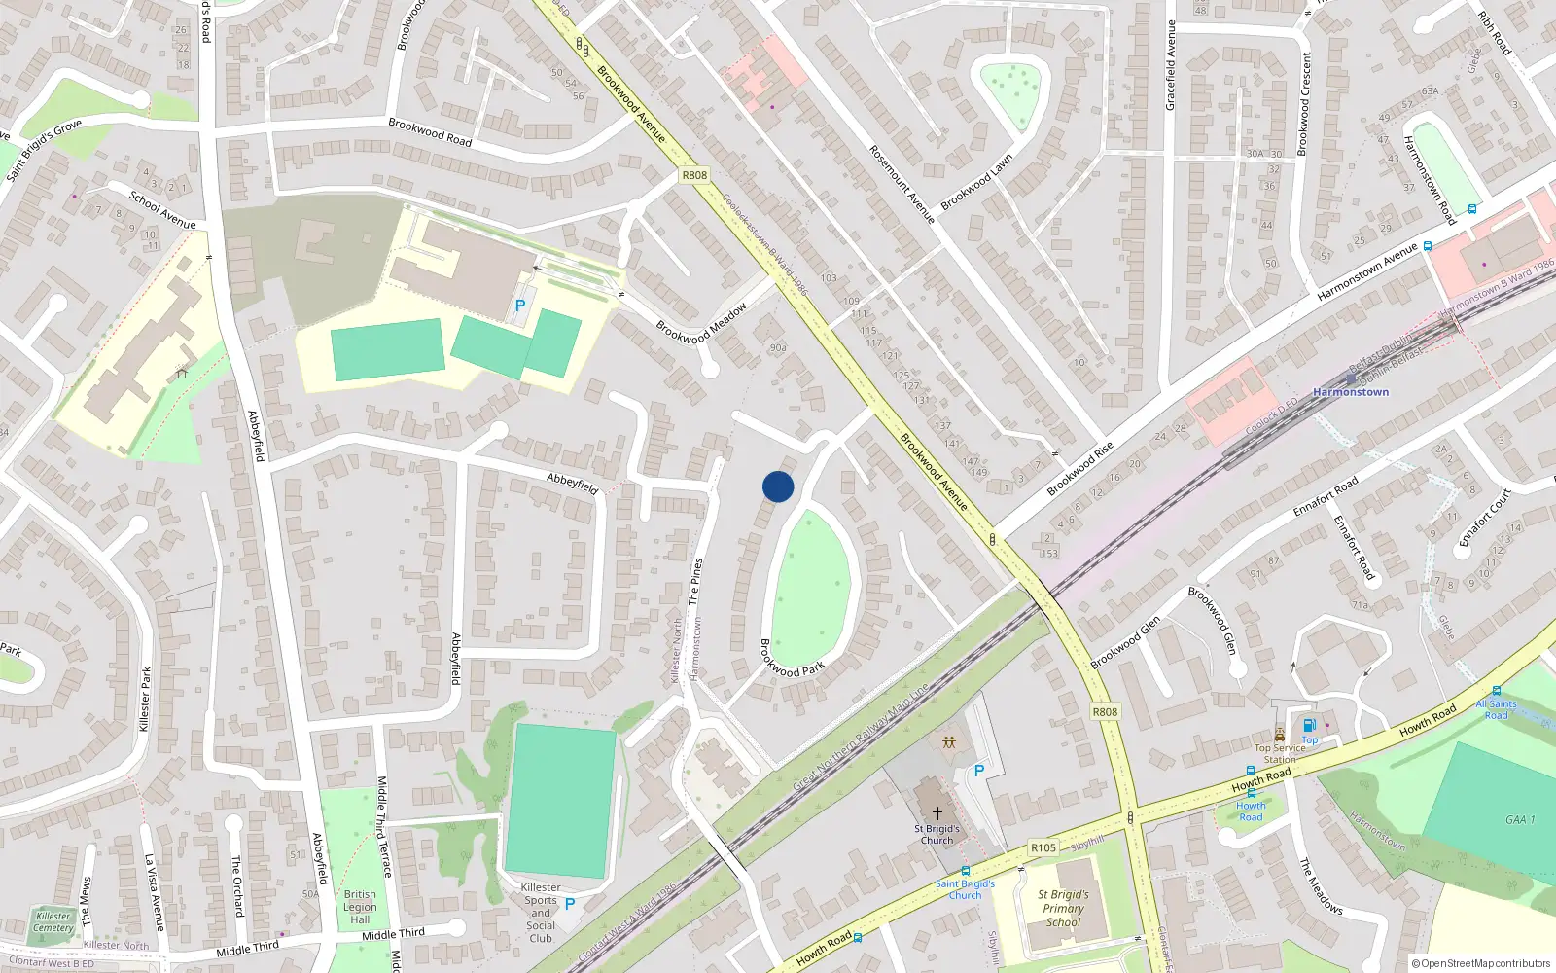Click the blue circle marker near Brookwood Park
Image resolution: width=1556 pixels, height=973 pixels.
[x=778, y=486]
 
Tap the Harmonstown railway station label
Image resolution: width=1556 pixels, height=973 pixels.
[x=1351, y=392]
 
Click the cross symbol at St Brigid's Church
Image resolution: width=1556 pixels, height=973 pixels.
[x=937, y=812]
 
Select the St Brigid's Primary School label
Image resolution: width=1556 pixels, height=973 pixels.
[x=1063, y=908]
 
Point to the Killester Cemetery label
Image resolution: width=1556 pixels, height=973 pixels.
[x=53, y=921]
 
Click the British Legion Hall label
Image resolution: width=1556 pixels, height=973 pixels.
[x=360, y=907]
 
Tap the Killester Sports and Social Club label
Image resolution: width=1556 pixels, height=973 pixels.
[x=541, y=913]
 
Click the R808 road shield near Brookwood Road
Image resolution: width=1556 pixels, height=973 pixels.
[x=694, y=175]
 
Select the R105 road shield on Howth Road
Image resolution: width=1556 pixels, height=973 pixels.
[x=1043, y=847]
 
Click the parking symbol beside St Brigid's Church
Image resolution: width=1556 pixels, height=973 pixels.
[x=979, y=771]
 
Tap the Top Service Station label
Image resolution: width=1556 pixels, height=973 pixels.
[x=1280, y=754]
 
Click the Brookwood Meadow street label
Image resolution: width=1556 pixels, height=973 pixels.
[x=701, y=323]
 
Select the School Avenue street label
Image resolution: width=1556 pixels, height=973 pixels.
[x=162, y=210]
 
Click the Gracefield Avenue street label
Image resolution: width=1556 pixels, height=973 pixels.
[x=1171, y=65]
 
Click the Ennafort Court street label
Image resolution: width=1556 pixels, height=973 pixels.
[x=1485, y=518]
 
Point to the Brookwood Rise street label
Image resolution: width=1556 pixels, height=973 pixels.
[x=1079, y=469]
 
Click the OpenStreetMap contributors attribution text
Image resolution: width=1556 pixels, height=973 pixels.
[x=1481, y=964]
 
